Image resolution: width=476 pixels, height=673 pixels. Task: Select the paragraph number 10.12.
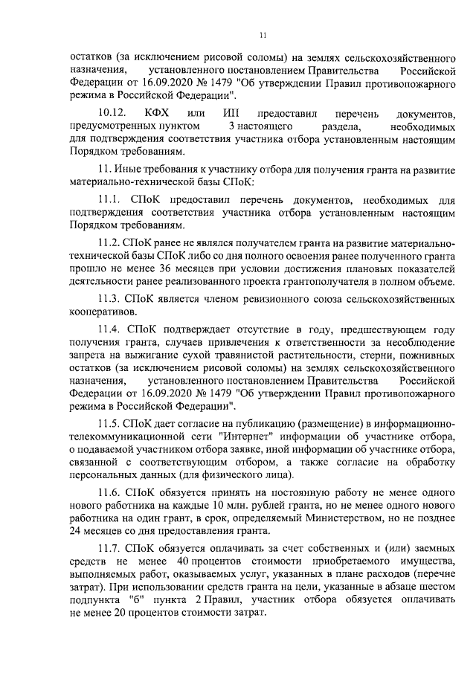click(x=113, y=112)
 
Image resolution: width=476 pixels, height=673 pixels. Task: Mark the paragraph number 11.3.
click(x=109, y=298)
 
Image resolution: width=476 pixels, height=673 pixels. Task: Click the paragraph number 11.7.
click(x=109, y=547)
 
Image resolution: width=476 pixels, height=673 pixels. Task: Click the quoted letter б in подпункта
click(x=135, y=598)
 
